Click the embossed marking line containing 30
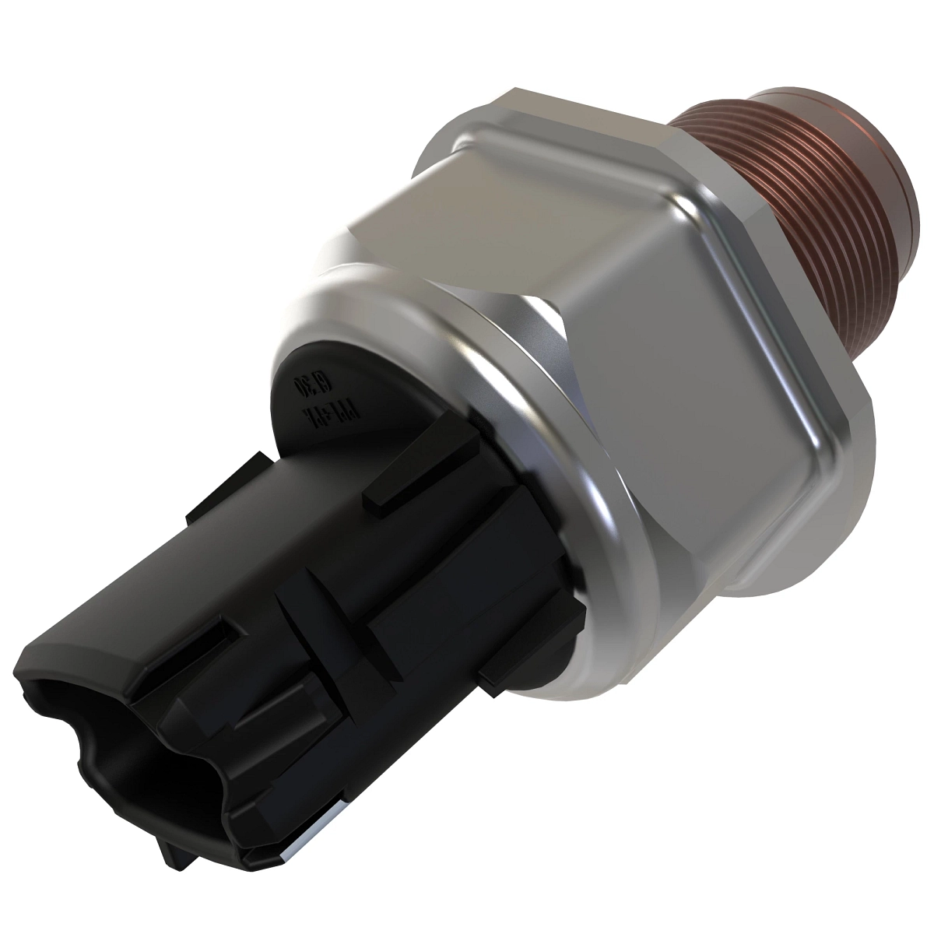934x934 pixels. click(x=300, y=393)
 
